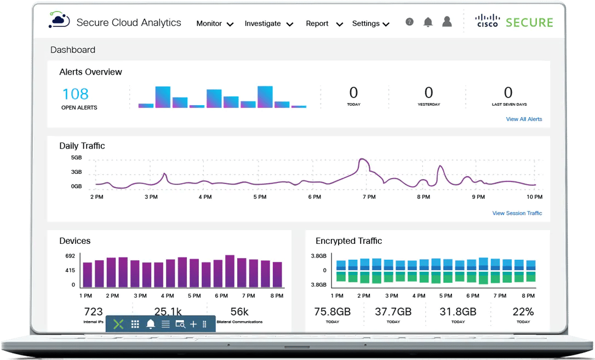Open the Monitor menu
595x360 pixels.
pyautogui.click(x=215, y=24)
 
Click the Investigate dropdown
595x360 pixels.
pyautogui.click(x=268, y=24)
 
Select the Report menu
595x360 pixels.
pyautogui.click(x=324, y=24)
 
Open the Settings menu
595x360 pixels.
pyautogui.click(x=370, y=24)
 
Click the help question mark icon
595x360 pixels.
pyautogui.click(x=409, y=22)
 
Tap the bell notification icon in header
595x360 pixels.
pyautogui.click(x=428, y=22)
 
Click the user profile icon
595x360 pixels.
pyautogui.click(x=447, y=22)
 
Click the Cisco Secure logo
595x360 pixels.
pyautogui.click(x=514, y=22)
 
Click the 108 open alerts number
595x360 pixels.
pyautogui.click(x=75, y=94)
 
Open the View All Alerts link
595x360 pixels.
pyautogui.click(x=524, y=119)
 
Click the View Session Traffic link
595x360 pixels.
pyautogui.click(x=517, y=213)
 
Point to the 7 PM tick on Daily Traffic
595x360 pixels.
pyautogui.click(x=369, y=197)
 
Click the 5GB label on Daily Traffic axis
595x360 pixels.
pyautogui.click(x=76, y=157)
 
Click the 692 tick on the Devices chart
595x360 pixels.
pyautogui.click(x=70, y=256)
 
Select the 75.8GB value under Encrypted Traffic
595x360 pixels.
pyautogui.click(x=332, y=312)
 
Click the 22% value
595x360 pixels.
pyautogui.click(x=523, y=312)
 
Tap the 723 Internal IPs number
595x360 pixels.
pyautogui.click(x=93, y=312)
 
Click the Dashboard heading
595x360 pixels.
pyautogui.click(x=73, y=50)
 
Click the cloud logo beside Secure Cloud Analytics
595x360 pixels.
pyautogui.click(x=59, y=21)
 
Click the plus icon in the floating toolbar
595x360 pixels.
pyautogui.click(x=193, y=324)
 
